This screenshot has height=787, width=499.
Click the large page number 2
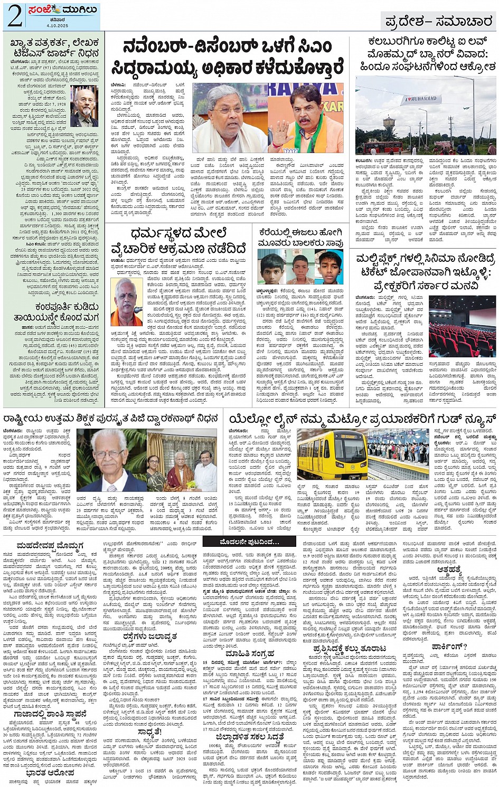[14, 16]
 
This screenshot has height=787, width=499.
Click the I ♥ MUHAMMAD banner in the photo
[420, 99]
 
